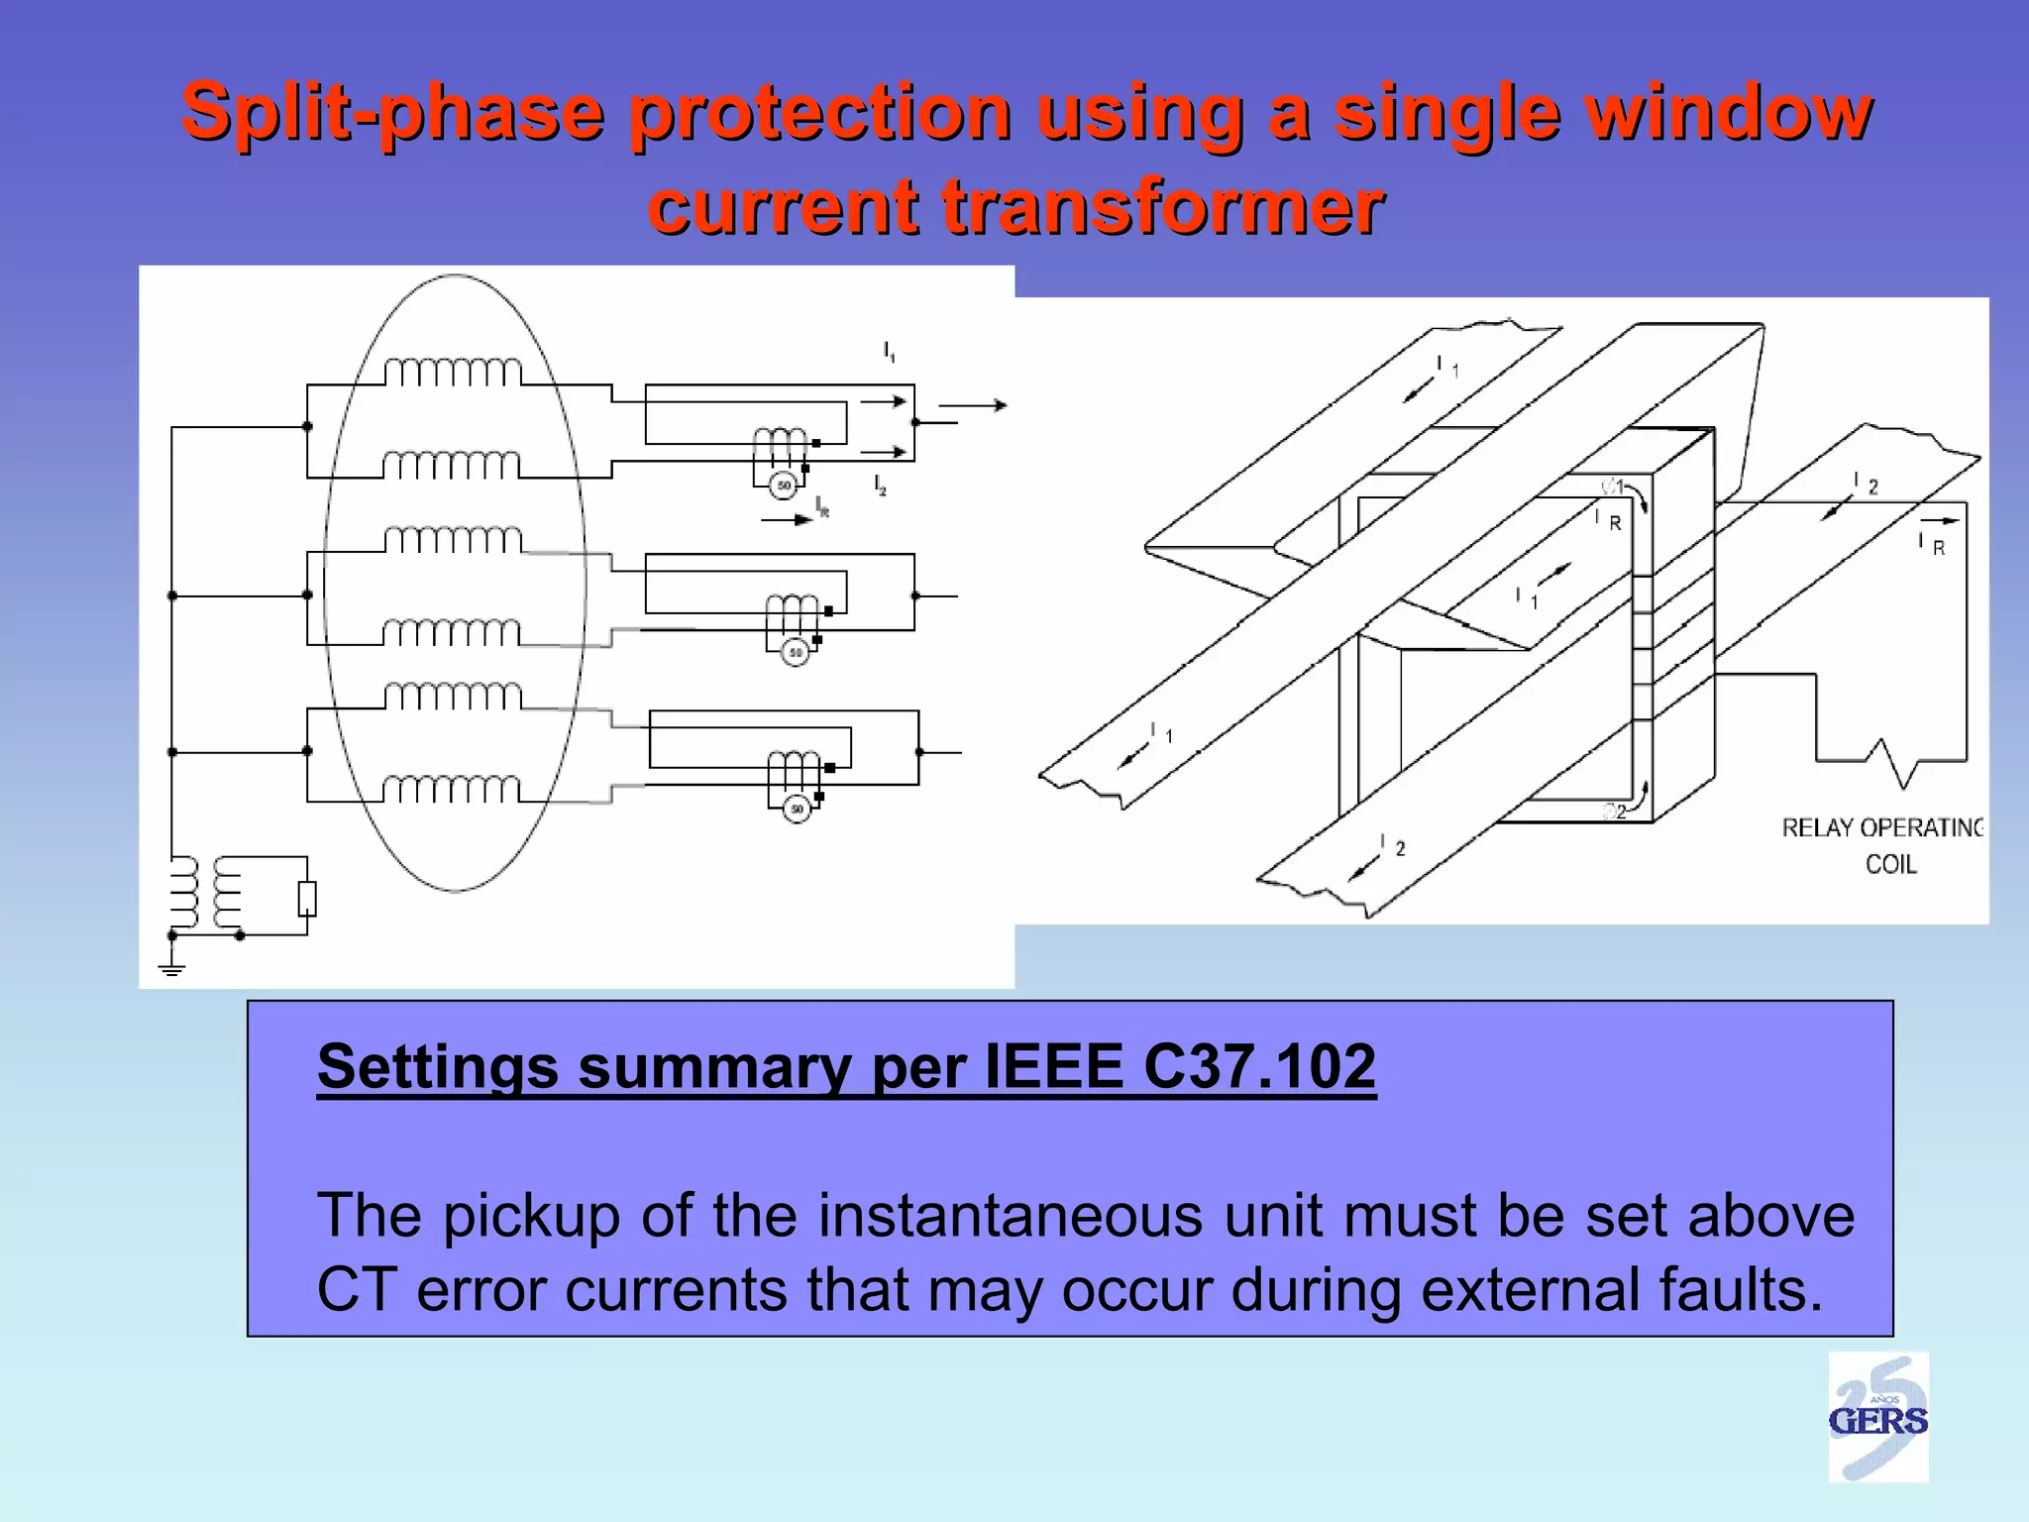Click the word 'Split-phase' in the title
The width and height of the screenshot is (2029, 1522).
(392, 111)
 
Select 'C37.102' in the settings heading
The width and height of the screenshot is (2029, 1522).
(1259, 1067)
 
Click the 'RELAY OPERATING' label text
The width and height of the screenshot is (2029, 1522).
(1882, 828)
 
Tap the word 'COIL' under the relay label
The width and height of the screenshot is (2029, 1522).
(1890, 865)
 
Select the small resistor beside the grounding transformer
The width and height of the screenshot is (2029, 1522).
(307, 898)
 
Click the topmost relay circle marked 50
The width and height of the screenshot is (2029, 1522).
(784, 485)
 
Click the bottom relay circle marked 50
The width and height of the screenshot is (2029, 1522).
(798, 809)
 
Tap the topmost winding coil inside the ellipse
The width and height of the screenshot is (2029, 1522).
(453, 373)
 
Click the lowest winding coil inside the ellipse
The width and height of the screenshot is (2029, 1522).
(452, 789)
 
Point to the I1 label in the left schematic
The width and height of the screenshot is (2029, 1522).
(889, 351)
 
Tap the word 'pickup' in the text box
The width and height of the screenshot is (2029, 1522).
(531, 1217)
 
